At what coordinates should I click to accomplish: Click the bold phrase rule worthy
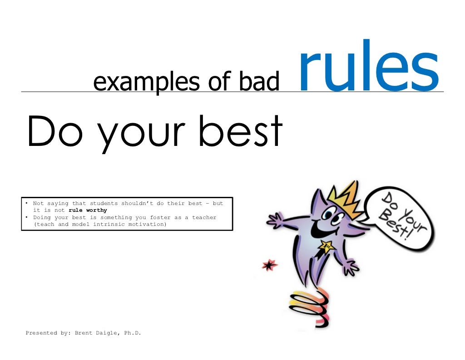[x=88, y=210]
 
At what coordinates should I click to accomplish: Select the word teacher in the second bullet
[x=204, y=217]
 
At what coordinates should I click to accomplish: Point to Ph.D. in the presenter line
[x=133, y=333]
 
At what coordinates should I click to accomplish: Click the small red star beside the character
[x=270, y=264]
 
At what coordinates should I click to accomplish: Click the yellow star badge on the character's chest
[x=327, y=247]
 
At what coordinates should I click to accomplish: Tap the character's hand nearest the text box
[x=275, y=222]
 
